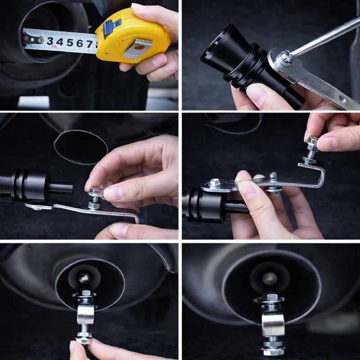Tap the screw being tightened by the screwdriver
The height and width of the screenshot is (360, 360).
(x=284, y=56)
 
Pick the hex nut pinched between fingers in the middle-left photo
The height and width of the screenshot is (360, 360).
(x=96, y=193)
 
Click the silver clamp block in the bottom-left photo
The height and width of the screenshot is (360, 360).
(x=85, y=314)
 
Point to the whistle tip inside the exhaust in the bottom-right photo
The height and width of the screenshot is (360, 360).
(x=270, y=279)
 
